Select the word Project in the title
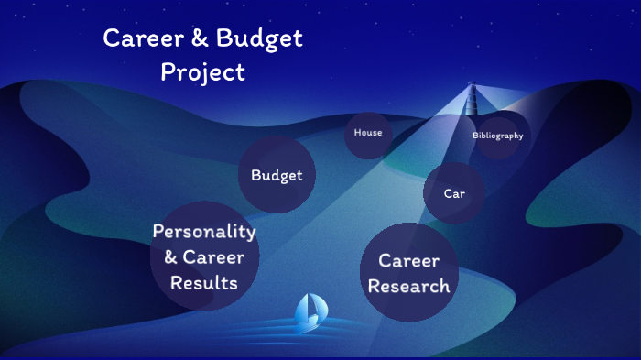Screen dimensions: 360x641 click(x=202, y=71)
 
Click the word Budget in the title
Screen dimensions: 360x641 click(x=261, y=39)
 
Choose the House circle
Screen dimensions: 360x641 click(x=368, y=134)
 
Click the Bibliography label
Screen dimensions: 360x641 click(x=498, y=136)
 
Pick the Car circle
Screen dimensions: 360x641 click(x=454, y=193)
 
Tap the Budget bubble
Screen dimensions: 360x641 click(x=277, y=175)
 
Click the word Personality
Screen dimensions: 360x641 click(x=203, y=232)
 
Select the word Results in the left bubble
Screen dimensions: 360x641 click(x=203, y=283)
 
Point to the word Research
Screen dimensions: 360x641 click(x=408, y=287)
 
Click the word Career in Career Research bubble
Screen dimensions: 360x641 click(x=409, y=261)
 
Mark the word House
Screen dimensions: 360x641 click(x=368, y=133)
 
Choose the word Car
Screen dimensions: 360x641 click(x=454, y=194)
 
